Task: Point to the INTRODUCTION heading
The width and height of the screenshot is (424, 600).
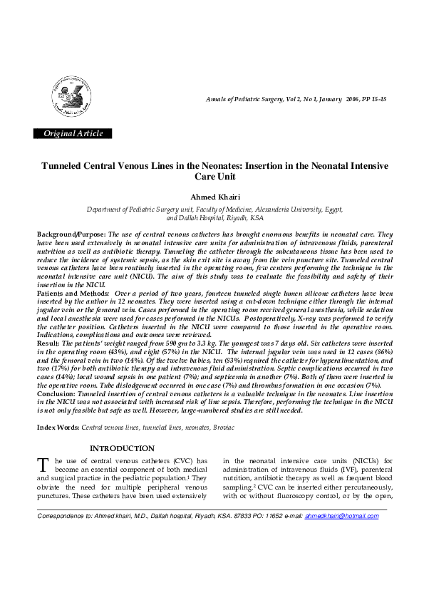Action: tap(121, 448)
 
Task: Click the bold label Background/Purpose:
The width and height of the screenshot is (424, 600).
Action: tap(71, 234)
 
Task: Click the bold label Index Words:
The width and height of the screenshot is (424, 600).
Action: tap(58, 426)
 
